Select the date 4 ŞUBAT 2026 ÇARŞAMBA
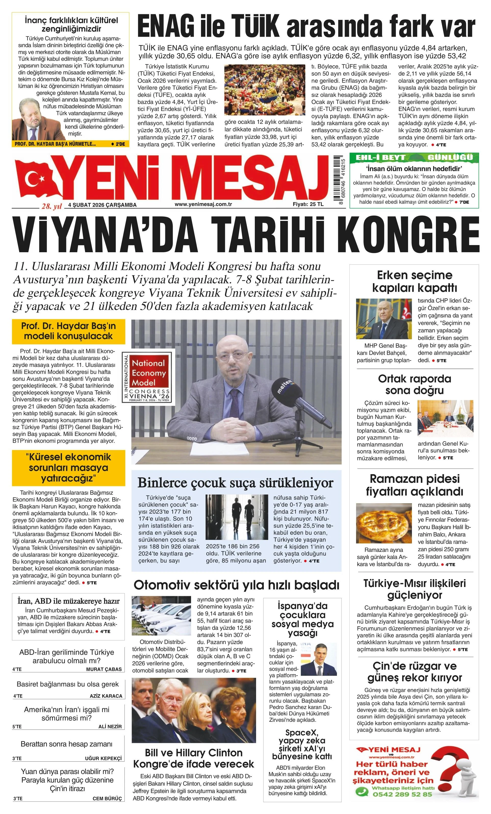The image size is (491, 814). [102, 205]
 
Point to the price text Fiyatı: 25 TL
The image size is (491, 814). [308, 204]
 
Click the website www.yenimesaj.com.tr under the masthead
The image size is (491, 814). [203, 204]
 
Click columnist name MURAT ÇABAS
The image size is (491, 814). [104, 669]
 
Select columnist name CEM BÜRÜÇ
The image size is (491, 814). [107, 805]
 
